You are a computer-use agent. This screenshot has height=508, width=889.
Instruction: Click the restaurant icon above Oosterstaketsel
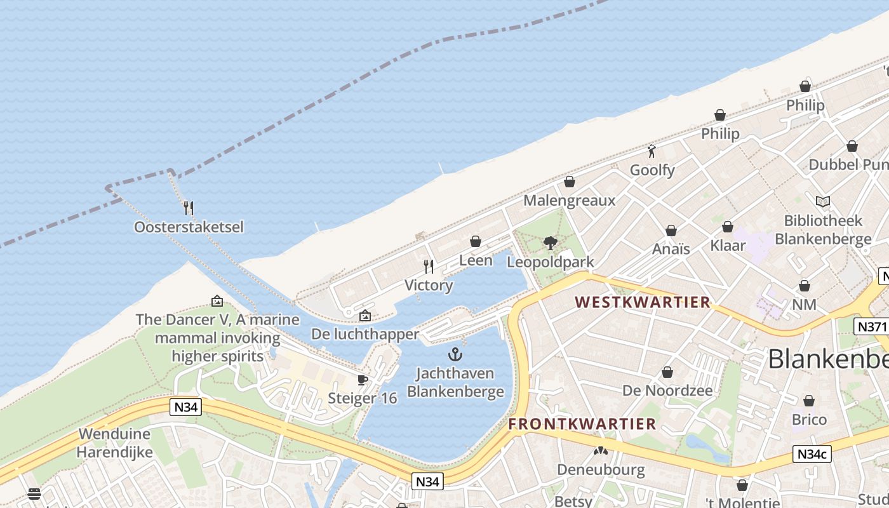(188, 208)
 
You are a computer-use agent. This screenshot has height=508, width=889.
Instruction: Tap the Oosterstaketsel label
(189, 227)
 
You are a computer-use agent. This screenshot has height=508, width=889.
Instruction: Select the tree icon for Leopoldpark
(551, 243)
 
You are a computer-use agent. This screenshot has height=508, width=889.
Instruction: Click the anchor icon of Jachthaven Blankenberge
(455, 354)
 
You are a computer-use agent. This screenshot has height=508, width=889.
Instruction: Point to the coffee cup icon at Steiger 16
(363, 380)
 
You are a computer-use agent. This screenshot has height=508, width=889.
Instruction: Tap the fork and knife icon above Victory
(429, 266)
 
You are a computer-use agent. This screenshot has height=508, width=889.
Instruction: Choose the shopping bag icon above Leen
(476, 241)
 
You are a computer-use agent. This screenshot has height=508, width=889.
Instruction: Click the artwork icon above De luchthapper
(365, 316)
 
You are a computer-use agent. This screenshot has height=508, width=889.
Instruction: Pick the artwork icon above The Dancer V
(217, 301)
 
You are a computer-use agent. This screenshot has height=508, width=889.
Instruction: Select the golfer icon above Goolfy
(652, 151)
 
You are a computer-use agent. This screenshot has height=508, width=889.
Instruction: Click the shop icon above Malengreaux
(570, 182)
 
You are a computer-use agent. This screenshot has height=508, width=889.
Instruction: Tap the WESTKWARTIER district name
(643, 302)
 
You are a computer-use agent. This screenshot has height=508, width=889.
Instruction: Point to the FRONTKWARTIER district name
(582, 424)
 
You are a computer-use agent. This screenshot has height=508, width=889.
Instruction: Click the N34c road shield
(812, 454)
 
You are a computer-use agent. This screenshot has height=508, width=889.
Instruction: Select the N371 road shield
(870, 326)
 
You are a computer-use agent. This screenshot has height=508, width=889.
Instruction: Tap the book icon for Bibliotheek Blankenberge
(823, 202)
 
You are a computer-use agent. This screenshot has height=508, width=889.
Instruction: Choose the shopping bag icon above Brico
(809, 401)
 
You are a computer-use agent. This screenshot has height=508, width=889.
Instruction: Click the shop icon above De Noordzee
(667, 372)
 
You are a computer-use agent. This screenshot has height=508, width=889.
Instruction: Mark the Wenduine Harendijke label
(115, 443)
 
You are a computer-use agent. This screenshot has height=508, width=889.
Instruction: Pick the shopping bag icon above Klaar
(728, 227)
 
